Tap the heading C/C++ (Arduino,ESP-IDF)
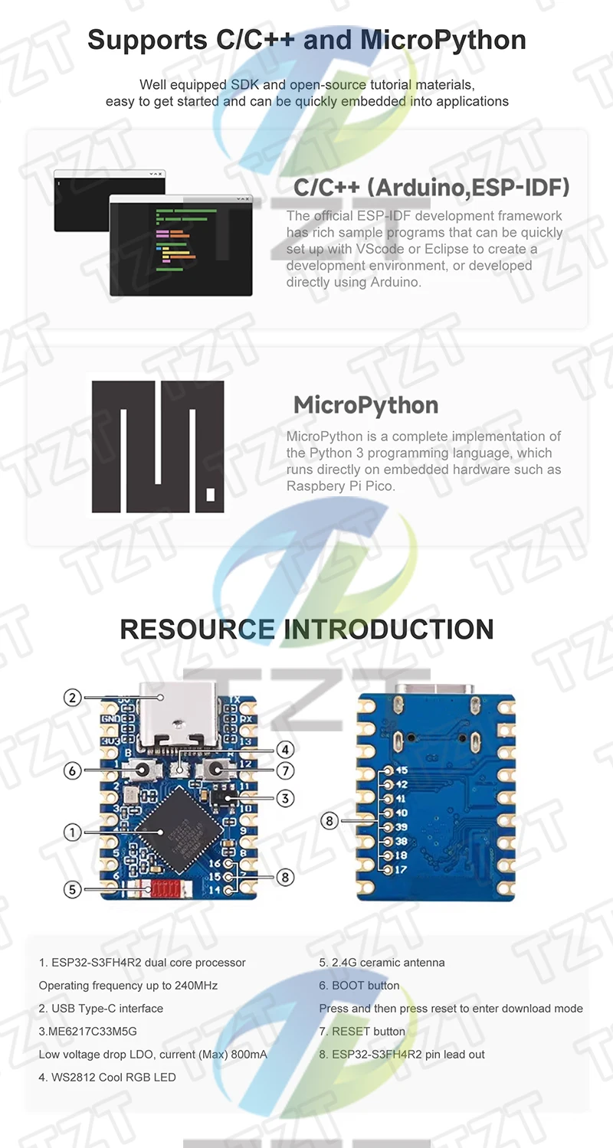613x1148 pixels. coord(431,188)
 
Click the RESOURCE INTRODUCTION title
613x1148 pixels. coord(306,629)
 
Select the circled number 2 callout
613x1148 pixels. coord(72,697)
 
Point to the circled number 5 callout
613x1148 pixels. coord(72,889)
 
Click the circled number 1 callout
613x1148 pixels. coord(72,832)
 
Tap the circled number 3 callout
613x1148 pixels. coord(285,798)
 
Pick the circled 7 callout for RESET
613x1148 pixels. coord(285,770)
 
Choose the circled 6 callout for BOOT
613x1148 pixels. coord(72,770)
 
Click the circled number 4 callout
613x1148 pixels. coord(285,749)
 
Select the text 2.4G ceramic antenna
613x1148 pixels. coord(382,962)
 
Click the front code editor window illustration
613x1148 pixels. coord(181,245)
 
